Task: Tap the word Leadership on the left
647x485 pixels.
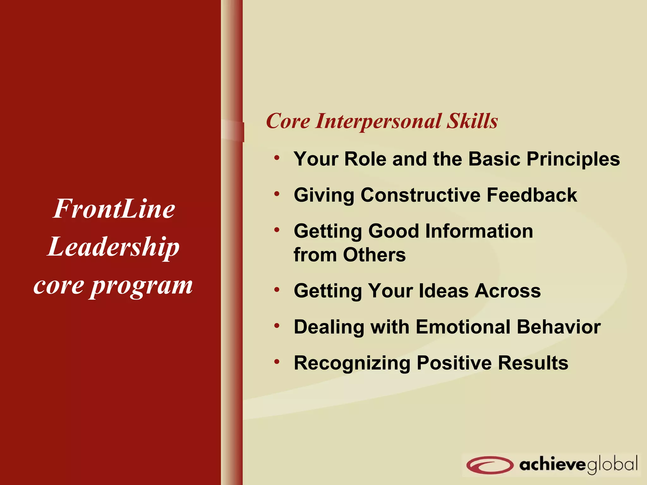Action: pyautogui.click(x=114, y=247)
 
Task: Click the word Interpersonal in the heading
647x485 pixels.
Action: pyautogui.click(x=378, y=121)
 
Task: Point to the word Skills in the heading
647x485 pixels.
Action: pyautogui.click(x=472, y=121)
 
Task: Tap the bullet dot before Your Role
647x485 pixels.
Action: pyautogui.click(x=277, y=157)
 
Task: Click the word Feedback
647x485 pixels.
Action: pyautogui.click(x=532, y=195)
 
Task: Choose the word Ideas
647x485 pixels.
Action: pyautogui.click(x=444, y=290)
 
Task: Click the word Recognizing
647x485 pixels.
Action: pyautogui.click(x=352, y=363)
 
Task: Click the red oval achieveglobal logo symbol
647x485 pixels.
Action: pyautogui.click(x=489, y=465)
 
